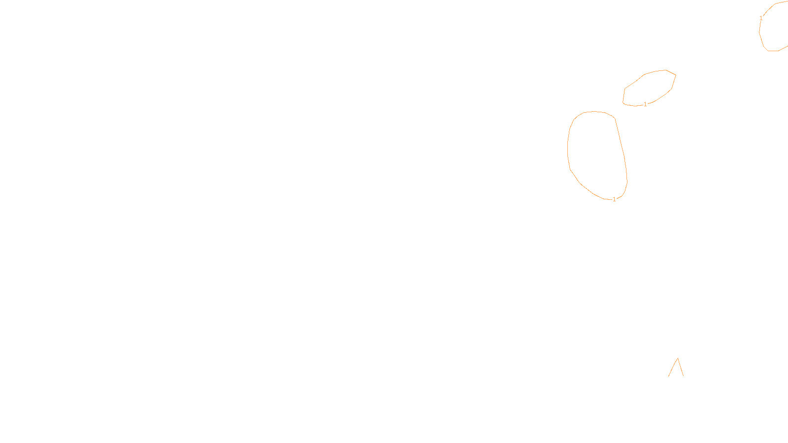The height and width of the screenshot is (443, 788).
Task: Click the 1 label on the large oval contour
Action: [614, 199]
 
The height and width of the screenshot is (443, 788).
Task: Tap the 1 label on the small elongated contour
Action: [645, 104]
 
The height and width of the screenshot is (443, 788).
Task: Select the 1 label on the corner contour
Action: [761, 18]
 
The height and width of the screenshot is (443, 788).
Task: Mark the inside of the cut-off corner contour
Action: [776, 27]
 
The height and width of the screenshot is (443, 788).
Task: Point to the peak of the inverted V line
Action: [678, 358]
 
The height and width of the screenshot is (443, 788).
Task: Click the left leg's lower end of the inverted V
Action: [668, 377]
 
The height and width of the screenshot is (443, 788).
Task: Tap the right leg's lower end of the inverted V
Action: [684, 376]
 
